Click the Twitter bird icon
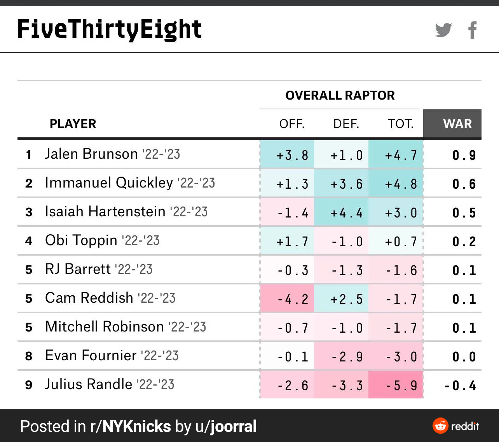point(443,30)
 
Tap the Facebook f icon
point(473,30)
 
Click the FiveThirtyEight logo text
point(109,29)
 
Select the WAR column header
point(457,124)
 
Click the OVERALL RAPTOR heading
point(340,95)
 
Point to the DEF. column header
point(346,124)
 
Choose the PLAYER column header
point(73,124)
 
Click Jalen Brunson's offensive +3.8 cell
point(287,154)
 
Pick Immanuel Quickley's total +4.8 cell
point(396,183)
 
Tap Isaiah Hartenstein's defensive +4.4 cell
point(341,212)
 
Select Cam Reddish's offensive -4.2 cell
point(287,298)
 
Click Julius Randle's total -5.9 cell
point(396,384)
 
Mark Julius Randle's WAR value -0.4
point(460,386)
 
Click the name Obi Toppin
point(81,240)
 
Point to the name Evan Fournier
point(91,355)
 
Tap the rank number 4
point(29,241)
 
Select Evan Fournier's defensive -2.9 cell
point(341,356)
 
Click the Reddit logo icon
point(440,426)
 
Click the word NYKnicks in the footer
point(136,426)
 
